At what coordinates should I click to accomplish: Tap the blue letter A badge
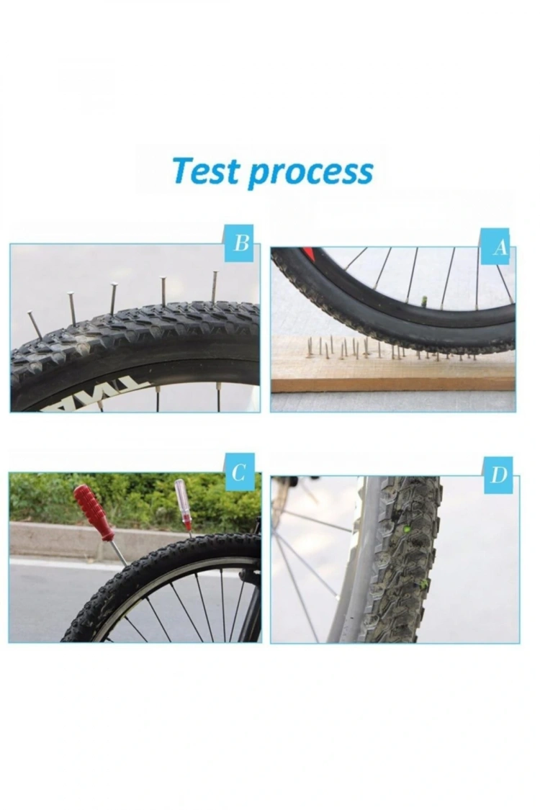coord(500,248)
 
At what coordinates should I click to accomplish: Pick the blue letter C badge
coord(239,472)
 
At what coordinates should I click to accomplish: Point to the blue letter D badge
coord(498,475)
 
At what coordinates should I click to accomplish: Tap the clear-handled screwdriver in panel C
coord(183,503)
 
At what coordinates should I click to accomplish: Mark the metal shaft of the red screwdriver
coord(118,552)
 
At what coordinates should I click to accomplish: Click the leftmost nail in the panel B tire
coord(35,324)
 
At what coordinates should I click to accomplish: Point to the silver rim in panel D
coord(353,576)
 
